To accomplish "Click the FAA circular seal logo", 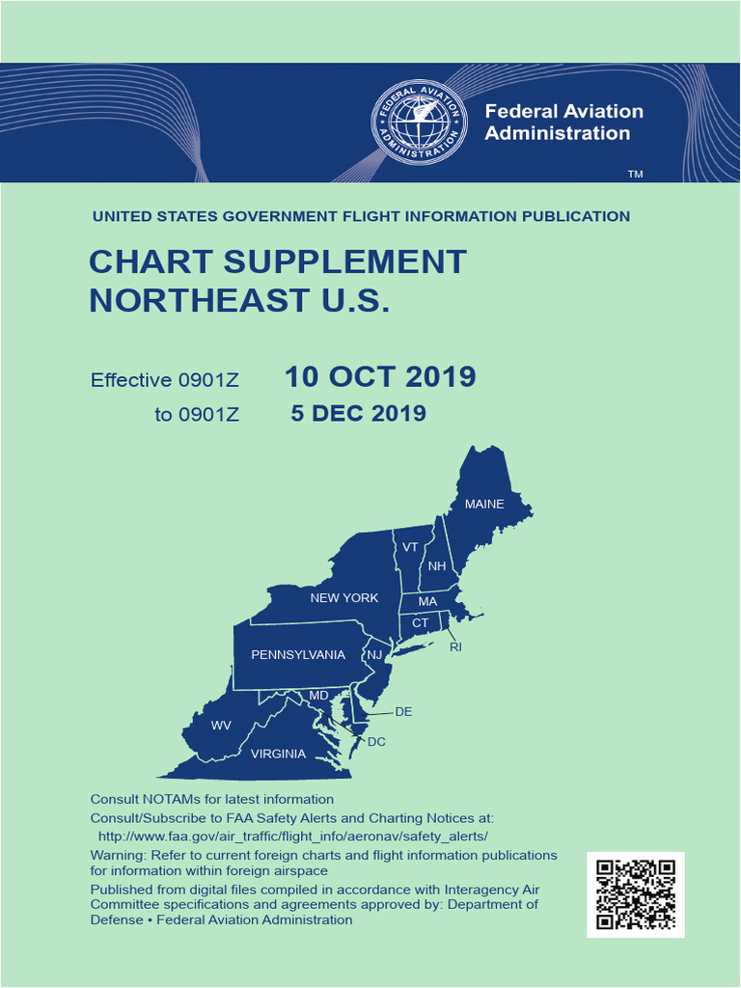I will click(x=419, y=122).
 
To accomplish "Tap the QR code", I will click(x=635, y=894).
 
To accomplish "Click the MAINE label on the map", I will click(x=484, y=504).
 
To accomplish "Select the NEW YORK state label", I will click(x=344, y=598).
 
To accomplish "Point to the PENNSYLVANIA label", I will click(x=298, y=655).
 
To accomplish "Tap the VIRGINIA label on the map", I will click(x=278, y=754).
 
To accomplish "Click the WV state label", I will click(x=221, y=726).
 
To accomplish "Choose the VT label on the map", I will click(x=410, y=547).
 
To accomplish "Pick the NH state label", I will click(x=437, y=566).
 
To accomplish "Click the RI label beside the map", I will click(x=455, y=647).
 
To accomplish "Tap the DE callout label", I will click(x=403, y=712).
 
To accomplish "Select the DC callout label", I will click(x=376, y=742).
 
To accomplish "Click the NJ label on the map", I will click(x=375, y=655).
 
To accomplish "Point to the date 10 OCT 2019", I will click(x=380, y=377).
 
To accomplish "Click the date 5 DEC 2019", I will click(x=359, y=414).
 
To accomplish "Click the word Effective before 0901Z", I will click(x=130, y=380).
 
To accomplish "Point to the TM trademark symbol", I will click(x=635, y=175).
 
